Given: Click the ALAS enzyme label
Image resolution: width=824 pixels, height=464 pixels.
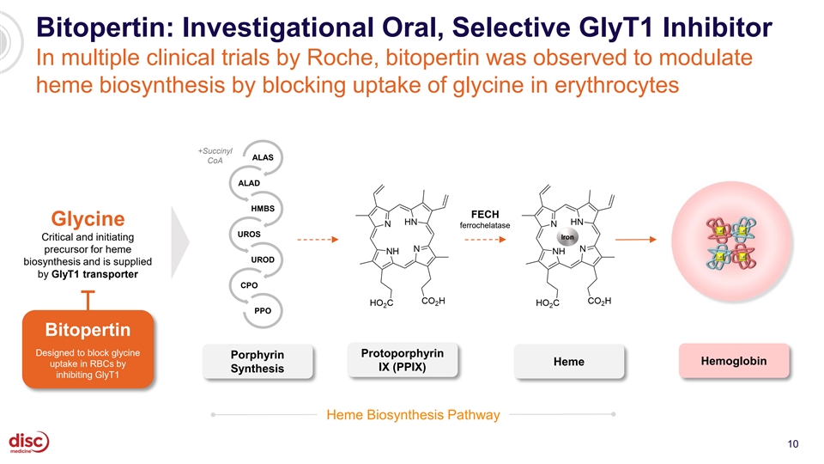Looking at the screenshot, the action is [x=263, y=157].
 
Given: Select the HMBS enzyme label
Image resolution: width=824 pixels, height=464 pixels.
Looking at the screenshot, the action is [x=263, y=208].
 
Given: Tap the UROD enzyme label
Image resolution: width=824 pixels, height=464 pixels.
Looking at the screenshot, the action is [x=263, y=259].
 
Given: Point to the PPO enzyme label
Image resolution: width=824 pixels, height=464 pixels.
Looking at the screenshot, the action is [x=263, y=310].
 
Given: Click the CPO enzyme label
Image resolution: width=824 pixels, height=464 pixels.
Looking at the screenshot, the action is [x=249, y=285].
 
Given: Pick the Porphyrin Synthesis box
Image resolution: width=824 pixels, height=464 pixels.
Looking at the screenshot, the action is [x=257, y=362].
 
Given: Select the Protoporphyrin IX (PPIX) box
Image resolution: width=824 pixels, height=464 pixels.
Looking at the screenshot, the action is [x=403, y=360].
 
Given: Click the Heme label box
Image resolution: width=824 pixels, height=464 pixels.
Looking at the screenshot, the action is [x=568, y=362].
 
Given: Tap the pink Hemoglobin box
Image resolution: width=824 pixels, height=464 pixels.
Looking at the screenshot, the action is [x=734, y=361].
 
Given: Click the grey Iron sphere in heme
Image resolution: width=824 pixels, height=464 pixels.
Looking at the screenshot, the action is [x=567, y=237].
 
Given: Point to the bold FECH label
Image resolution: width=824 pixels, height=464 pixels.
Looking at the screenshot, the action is [x=485, y=214].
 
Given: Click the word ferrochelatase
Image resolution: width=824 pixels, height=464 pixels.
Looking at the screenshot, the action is [x=485, y=225].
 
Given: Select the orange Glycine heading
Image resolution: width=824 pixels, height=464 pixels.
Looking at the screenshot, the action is [x=88, y=218].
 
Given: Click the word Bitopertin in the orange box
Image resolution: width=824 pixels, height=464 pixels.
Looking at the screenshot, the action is [x=88, y=329].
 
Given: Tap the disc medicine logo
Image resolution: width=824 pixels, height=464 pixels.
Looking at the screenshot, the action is [x=29, y=442].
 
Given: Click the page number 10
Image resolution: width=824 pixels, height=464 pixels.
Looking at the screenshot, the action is [x=793, y=444].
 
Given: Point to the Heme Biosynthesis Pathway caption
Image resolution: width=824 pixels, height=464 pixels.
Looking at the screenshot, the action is [x=413, y=414].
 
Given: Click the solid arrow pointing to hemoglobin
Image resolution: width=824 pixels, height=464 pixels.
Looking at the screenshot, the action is [x=636, y=240].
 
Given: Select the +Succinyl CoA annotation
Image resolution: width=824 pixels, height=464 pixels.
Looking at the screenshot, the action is [x=215, y=156].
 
